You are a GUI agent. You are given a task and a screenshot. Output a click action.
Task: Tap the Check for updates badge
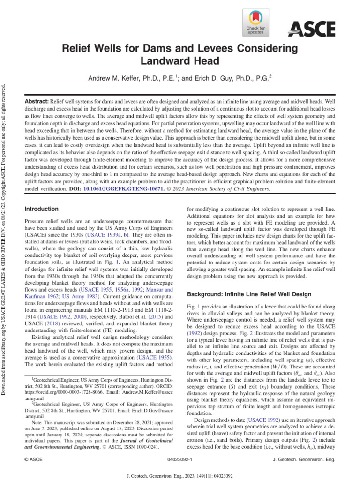tap(255, 23)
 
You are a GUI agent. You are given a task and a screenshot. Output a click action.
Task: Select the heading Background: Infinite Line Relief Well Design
tap(249, 294)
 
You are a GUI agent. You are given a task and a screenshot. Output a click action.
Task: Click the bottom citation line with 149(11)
tap(180, 474)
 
